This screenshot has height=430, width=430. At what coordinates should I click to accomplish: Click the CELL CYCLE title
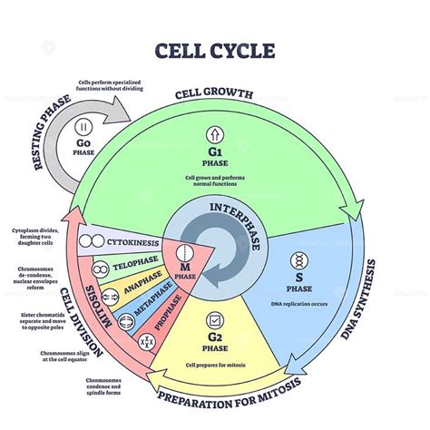point(215,51)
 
